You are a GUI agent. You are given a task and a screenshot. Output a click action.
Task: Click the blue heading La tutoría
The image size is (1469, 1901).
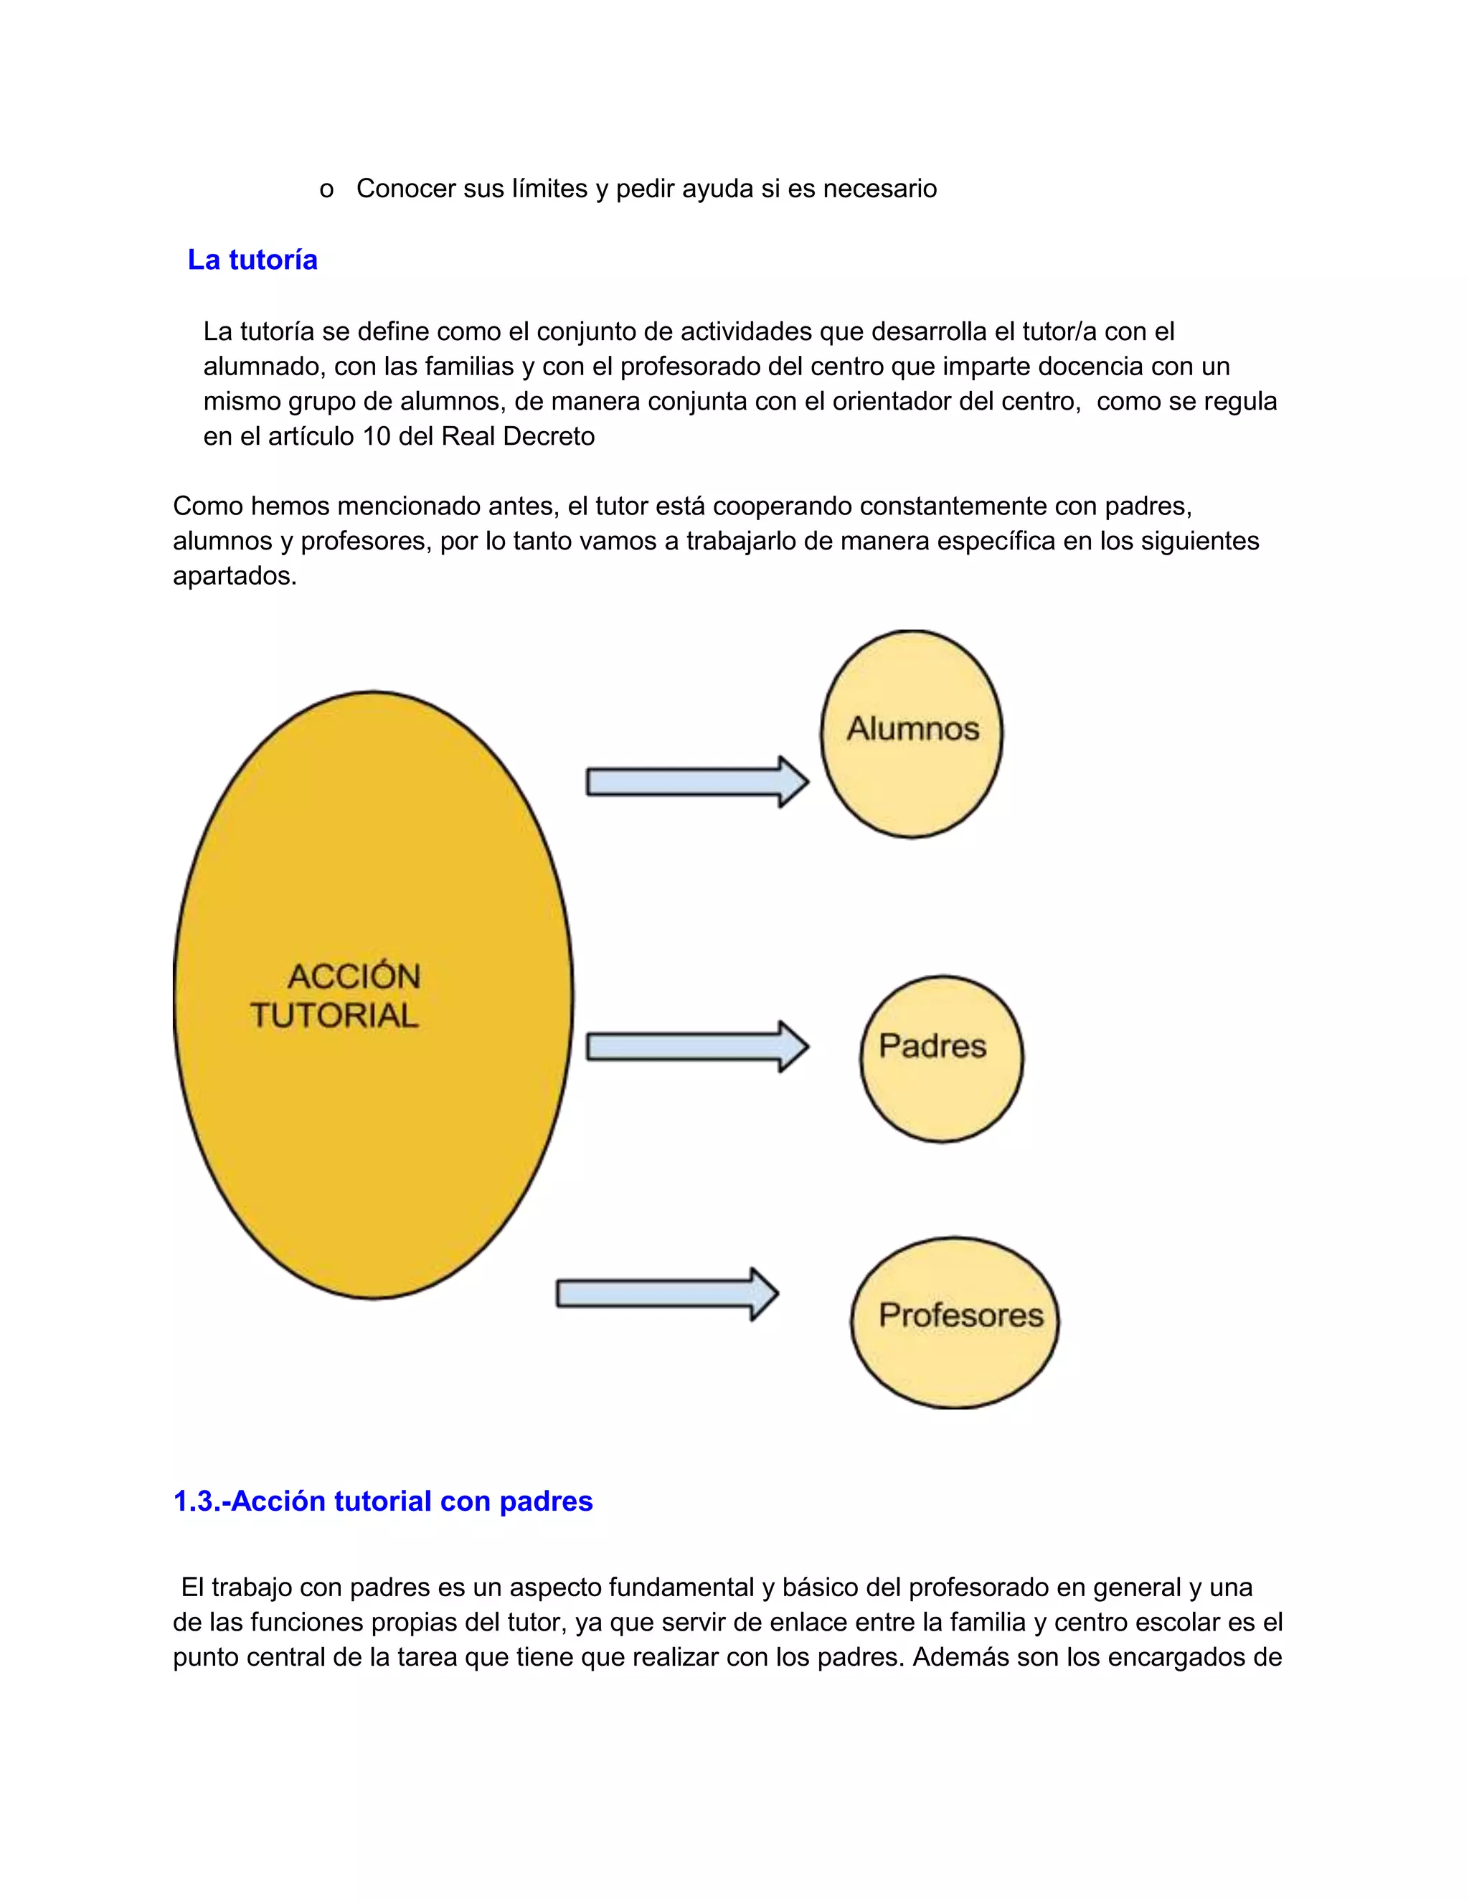click(252, 260)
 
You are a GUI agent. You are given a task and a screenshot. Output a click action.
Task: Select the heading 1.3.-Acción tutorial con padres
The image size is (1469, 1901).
click(383, 1501)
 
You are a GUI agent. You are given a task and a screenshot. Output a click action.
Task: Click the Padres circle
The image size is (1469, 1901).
click(941, 1058)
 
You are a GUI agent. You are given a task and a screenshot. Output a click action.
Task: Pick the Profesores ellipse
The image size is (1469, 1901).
click(955, 1322)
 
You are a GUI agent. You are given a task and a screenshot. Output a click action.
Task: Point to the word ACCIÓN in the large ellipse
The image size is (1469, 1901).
click(354, 976)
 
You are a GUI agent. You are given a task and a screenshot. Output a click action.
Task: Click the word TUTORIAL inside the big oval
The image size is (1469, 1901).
click(334, 1016)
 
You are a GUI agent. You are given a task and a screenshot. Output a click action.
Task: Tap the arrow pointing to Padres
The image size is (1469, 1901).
click(697, 1046)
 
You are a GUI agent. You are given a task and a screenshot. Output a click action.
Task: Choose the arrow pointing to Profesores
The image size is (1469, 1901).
click(666, 1293)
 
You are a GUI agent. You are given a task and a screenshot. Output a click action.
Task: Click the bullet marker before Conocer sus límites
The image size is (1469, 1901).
click(326, 190)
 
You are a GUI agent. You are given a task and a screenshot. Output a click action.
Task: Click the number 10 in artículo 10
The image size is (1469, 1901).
click(376, 436)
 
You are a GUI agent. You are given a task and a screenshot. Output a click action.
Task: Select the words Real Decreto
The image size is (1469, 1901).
click(518, 436)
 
